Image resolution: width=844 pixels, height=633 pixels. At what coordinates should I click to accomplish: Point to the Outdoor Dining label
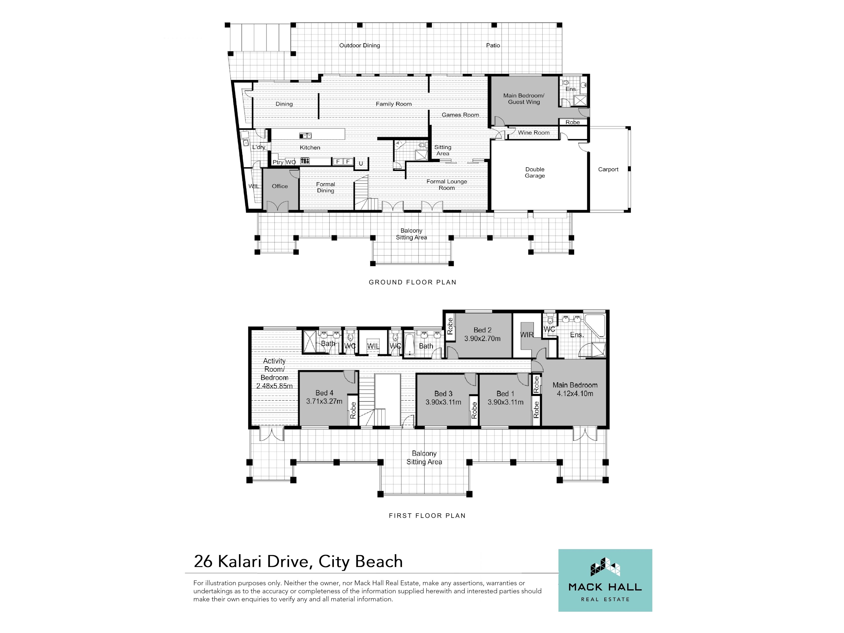pos(359,45)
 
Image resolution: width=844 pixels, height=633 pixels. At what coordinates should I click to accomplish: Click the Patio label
pos(493,45)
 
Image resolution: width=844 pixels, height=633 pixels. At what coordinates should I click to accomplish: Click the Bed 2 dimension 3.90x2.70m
pos(482,338)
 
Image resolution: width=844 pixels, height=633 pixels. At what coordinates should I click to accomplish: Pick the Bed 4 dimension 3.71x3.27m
pos(324,401)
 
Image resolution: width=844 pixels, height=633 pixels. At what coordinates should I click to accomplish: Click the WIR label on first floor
pos(527,335)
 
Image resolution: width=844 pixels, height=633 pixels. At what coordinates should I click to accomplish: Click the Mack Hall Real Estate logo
pos(605,580)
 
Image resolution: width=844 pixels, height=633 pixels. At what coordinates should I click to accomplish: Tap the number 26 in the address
pos(203,562)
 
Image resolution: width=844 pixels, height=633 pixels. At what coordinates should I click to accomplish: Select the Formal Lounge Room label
pos(446,185)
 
